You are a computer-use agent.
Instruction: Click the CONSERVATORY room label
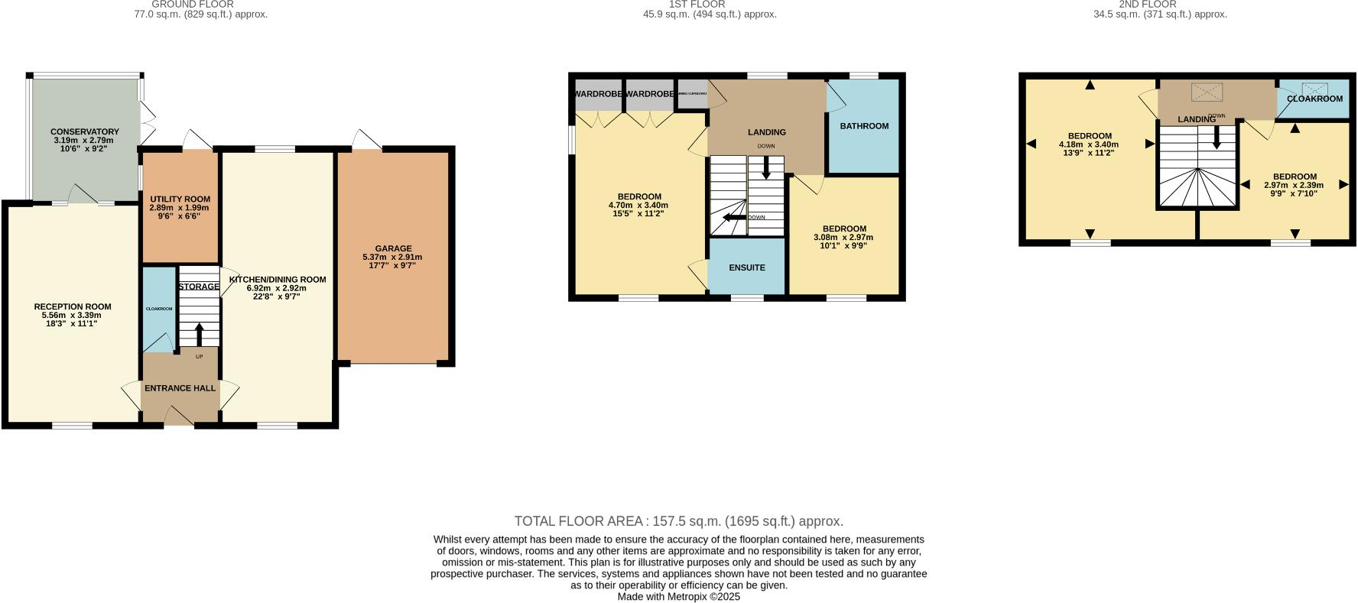click(84, 131)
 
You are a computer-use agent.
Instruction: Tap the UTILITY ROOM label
click(179, 199)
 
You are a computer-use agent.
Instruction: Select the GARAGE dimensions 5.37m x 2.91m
click(392, 257)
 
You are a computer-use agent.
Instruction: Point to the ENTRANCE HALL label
click(180, 388)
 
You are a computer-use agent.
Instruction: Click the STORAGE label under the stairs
click(199, 287)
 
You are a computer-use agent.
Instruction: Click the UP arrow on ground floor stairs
click(200, 333)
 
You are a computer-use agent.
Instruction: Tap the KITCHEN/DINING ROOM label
click(277, 280)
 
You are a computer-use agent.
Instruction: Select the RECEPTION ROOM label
click(73, 306)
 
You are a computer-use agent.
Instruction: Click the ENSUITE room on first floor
click(747, 267)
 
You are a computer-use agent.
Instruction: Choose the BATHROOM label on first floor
click(864, 126)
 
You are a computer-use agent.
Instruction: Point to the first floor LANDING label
click(766, 132)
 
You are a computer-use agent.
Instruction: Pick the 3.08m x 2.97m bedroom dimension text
click(843, 238)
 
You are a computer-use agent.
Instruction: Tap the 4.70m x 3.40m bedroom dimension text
click(638, 206)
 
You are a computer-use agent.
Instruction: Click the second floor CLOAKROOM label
click(1314, 99)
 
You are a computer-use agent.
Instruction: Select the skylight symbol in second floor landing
click(1207, 92)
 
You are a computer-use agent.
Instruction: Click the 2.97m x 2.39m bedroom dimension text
click(1294, 185)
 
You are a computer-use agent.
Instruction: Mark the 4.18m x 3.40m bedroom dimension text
click(1089, 144)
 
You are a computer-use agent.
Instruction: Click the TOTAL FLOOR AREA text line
click(678, 521)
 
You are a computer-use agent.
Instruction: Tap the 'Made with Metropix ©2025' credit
click(678, 597)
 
